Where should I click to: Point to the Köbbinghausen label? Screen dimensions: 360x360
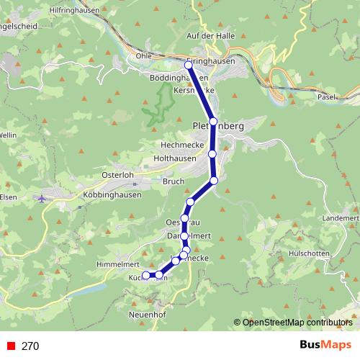coord(113,197)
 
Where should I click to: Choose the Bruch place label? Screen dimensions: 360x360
coord(174,182)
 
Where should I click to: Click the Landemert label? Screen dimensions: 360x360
coord(341,217)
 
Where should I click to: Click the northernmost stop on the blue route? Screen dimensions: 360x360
coord(189,65)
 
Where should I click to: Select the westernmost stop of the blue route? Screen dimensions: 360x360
coord(145,275)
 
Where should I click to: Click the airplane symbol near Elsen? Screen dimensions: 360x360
coord(42,197)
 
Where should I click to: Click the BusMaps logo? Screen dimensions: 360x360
coord(321,346)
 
